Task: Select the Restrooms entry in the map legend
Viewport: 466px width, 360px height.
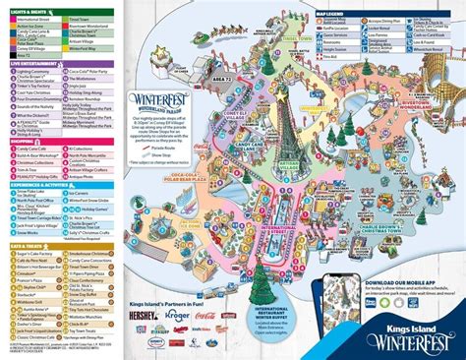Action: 387,19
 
